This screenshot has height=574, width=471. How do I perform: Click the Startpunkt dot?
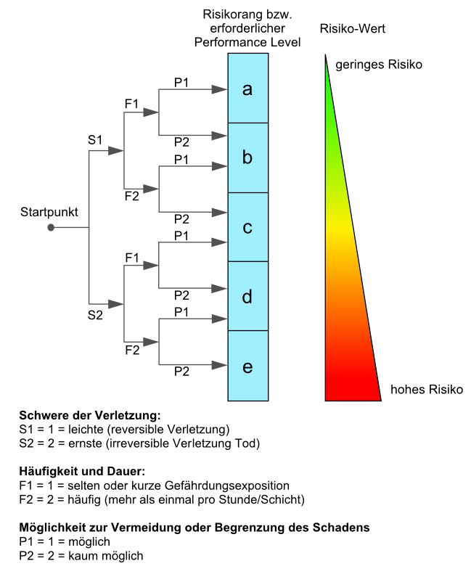click(x=51, y=228)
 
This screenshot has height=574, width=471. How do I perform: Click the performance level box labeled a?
click(x=248, y=89)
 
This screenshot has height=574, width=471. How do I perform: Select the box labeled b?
click(x=248, y=157)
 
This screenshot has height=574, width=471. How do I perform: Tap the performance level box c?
click(x=248, y=227)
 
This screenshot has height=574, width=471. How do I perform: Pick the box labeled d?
click(x=248, y=296)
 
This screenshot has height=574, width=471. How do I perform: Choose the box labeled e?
click(x=248, y=366)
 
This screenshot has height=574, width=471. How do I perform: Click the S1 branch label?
click(x=95, y=140)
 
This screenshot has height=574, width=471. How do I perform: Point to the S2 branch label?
click(x=95, y=315)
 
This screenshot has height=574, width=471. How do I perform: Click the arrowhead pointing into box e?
click(x=220, y=365)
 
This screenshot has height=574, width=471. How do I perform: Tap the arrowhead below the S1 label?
click(x=116, y=151)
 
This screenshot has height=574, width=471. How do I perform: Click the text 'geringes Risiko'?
click(x=379, y=65)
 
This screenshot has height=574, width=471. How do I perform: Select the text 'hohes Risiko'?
click(x=427, y=390)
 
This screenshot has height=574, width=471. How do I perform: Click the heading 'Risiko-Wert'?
click(x=353, y=28)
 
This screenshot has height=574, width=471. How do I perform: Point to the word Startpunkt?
click(x=49, y=212)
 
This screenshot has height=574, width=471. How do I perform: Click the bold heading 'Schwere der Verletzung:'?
click(x=90, y=416)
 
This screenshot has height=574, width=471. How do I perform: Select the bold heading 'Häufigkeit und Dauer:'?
click(x=82, y=471)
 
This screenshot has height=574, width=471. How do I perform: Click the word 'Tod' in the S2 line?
click(x=247, y=443)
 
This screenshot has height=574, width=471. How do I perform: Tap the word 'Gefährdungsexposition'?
click(x=227, y=485)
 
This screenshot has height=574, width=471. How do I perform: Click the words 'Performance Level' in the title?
click(x=247, y=43)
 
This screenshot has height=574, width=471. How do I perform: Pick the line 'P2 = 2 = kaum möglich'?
click(x=81, y=556)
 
